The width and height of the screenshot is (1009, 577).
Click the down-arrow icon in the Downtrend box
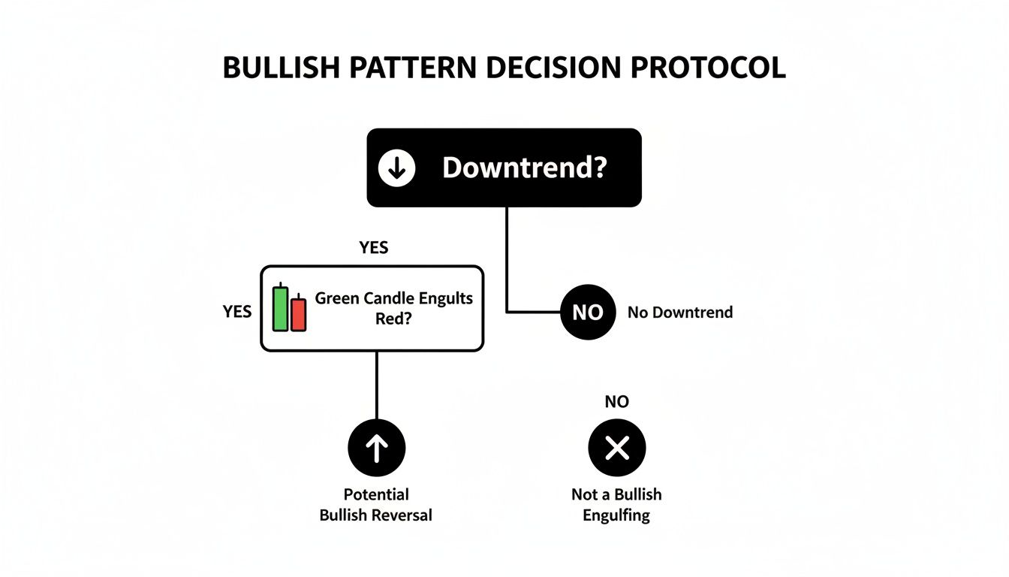396,168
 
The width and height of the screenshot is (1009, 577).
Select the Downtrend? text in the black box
523,168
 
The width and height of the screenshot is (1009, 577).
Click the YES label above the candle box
374,248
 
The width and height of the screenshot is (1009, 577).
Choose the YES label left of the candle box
237,311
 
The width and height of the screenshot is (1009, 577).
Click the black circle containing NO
588,312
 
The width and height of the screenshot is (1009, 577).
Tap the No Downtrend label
680,312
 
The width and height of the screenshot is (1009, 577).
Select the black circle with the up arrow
376,449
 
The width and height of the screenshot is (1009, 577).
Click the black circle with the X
616,449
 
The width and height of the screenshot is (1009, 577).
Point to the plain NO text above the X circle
616,402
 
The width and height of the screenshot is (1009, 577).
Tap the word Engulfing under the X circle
616,515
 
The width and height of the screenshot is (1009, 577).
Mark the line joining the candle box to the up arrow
376,385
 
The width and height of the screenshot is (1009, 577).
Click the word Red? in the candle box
393,318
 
